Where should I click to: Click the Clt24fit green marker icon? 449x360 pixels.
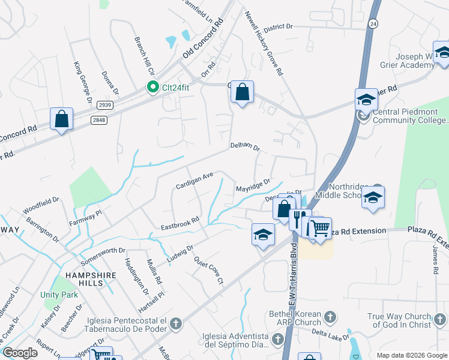click(153, 88)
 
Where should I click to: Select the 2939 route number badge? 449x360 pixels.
click(104, 105)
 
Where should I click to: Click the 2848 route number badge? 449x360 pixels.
click(99, 120)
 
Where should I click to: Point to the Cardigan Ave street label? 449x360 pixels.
click(194, 181)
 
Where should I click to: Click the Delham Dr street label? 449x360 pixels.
click(245, 147)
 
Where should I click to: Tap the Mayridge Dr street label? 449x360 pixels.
click(253, 185)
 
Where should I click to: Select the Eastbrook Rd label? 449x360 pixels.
click(179, 224)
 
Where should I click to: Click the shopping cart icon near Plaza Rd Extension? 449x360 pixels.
click(321, 227)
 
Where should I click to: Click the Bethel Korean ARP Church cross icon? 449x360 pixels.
click(330, 316)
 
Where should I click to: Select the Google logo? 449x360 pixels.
click(19, 353)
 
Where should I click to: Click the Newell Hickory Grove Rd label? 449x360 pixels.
click(264, 45)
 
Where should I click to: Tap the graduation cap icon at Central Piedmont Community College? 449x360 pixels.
click(366, 99)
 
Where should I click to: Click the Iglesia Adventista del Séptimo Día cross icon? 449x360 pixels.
click(277, 340)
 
